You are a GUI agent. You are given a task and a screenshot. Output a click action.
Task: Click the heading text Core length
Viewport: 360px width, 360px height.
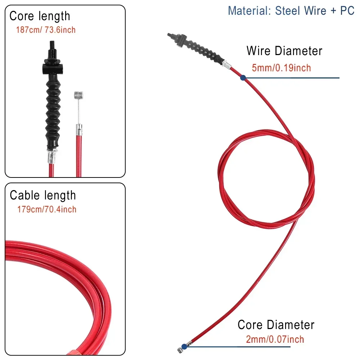coord(40,16)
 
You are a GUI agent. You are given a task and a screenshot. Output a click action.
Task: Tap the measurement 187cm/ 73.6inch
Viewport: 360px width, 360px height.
coord(46,30)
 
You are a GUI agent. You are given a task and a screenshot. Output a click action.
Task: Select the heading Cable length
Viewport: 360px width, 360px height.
coord(43,195)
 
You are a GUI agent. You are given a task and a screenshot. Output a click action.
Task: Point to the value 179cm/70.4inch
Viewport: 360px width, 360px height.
coord(47,209)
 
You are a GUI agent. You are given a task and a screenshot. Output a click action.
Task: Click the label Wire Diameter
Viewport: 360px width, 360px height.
coord(284,51)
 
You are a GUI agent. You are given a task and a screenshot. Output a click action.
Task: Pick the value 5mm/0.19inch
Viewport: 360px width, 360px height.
coord(281,68)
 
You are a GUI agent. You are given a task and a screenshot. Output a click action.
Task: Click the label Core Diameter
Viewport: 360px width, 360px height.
coord(276,325)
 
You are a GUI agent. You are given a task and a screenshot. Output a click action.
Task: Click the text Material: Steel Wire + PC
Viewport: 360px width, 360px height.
coord(291,10)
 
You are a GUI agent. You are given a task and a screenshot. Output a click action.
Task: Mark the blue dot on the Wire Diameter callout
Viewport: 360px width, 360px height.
coord(243,77)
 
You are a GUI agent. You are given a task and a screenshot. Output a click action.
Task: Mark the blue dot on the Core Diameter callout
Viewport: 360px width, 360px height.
coord(184,347)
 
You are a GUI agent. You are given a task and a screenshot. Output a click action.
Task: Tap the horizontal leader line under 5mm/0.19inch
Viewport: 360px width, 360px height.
coord(292,78)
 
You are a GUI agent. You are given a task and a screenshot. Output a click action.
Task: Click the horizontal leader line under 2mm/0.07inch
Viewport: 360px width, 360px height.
coord(238,347)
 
